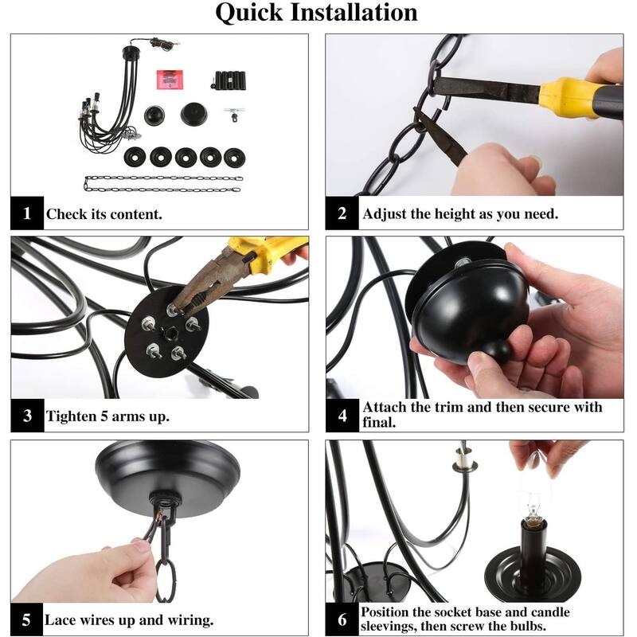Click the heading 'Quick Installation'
(x=316, y=12)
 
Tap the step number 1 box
(x=27, y=213)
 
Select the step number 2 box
(x=342, y=213)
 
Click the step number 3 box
(x=27, y=415)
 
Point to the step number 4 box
(x=342, y=415)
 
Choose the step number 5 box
(x=26, y=619)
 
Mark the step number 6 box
(x=342, y=619)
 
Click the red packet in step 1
(x=170, y=80)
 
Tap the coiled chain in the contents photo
(x=163, y=184)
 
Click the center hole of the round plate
(x=170, y=334)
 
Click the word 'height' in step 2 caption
(x=444, y=213)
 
